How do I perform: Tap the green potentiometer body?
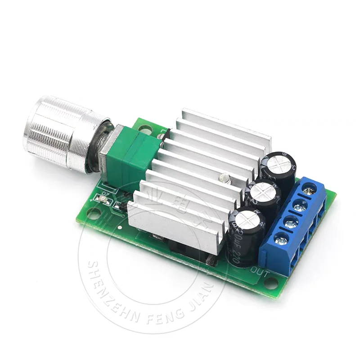130,155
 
